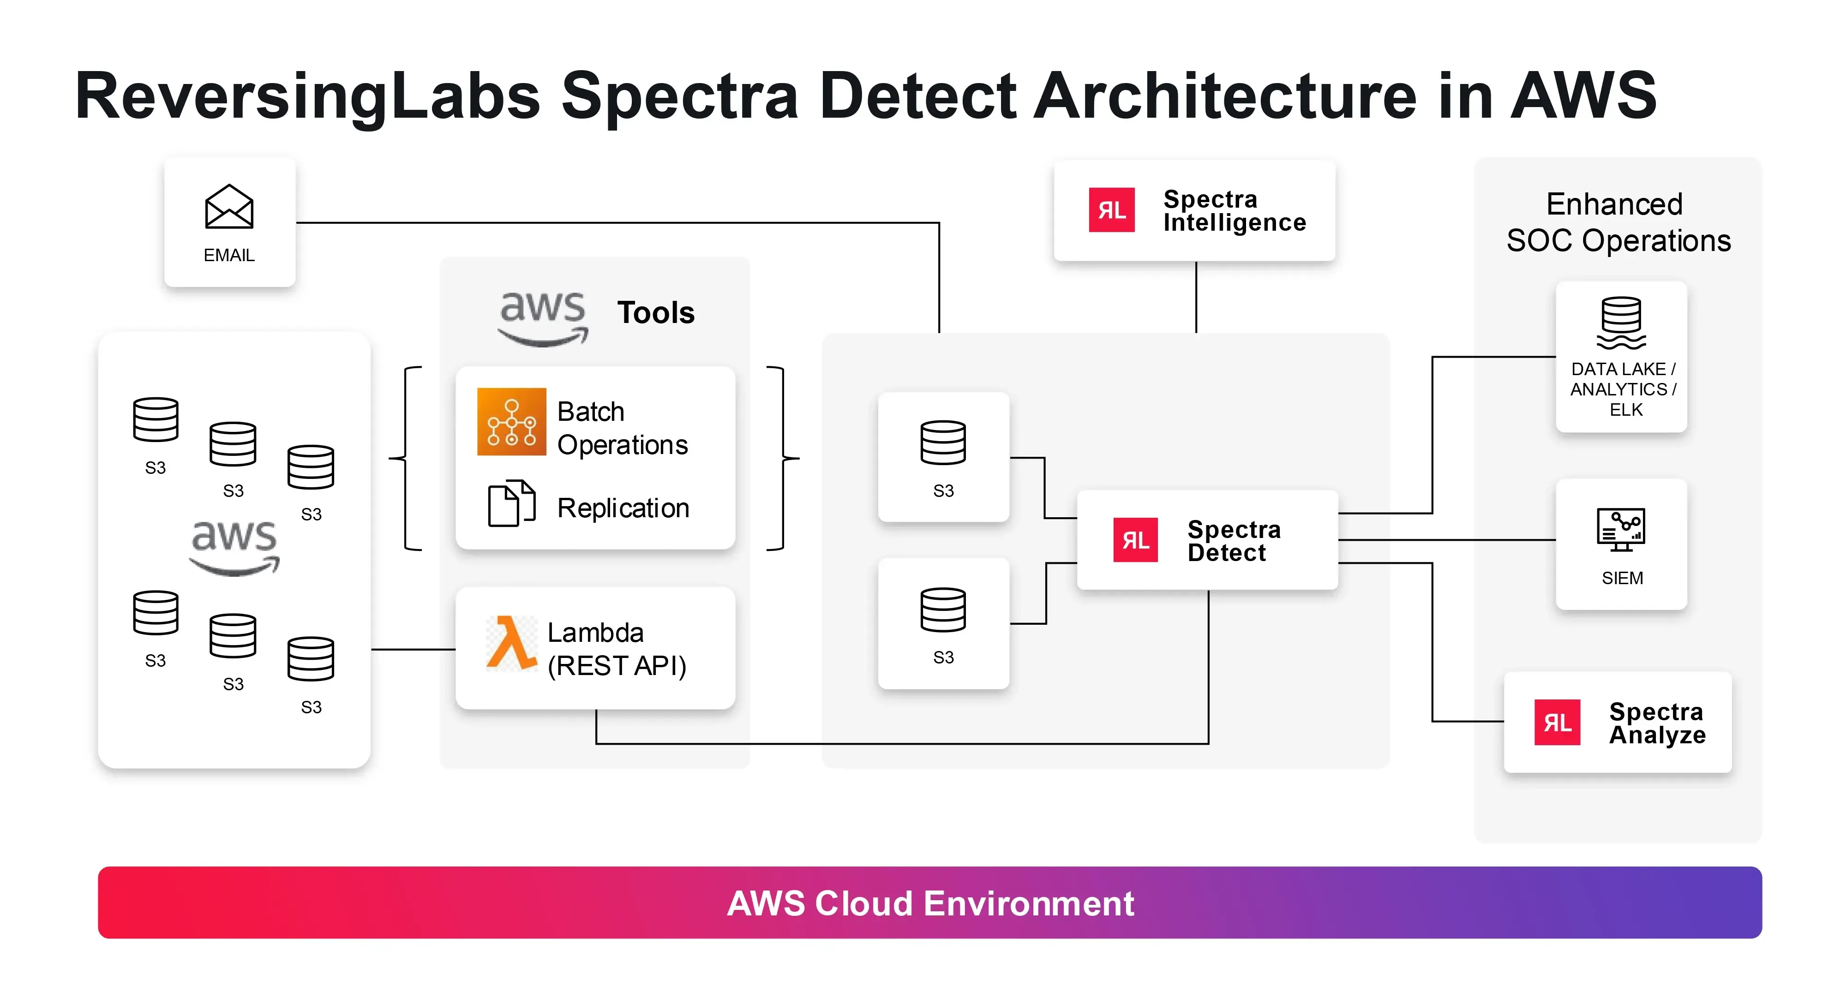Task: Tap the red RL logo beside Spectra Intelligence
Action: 1111,210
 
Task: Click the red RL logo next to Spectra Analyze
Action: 1557,722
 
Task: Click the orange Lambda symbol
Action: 511,643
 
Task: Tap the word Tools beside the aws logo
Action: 656,313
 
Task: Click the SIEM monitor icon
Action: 1620,530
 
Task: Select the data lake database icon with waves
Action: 1620,323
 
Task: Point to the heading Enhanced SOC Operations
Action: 1618,222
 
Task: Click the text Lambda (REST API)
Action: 616,649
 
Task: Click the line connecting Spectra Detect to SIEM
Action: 1448,540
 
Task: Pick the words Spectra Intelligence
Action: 1234,210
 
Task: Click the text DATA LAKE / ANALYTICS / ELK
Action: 1623,389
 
